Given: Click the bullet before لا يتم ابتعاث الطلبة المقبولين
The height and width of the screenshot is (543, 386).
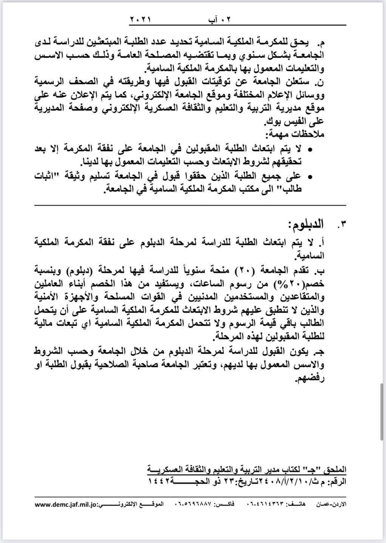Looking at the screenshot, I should click(310, 150).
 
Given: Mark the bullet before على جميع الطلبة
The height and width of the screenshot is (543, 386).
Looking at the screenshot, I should click(310, 176).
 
